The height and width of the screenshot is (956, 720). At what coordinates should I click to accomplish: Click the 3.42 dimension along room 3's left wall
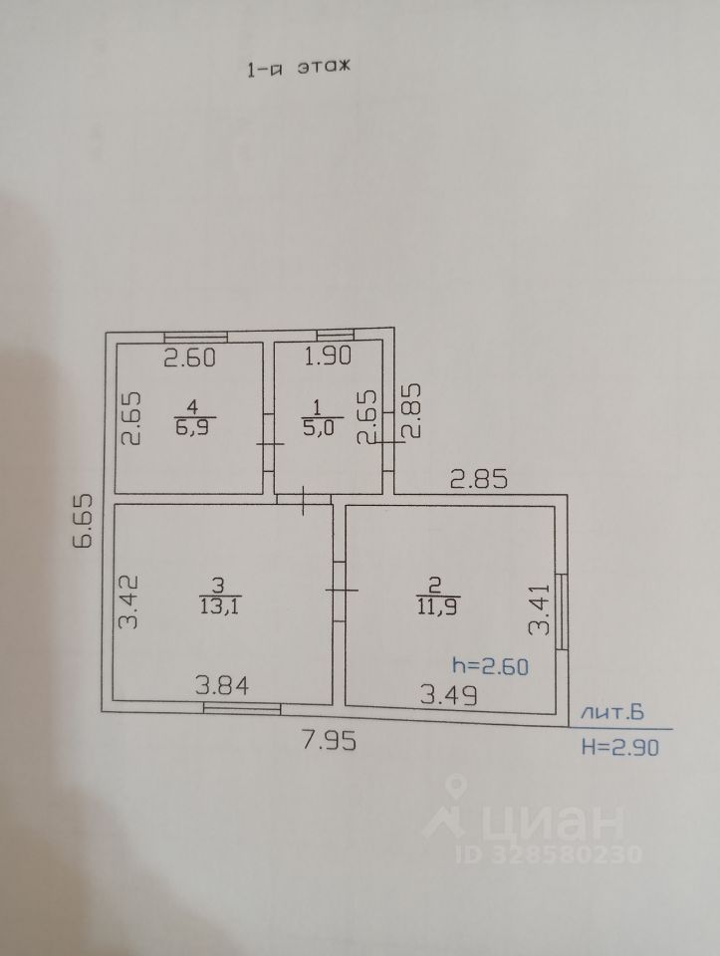point(126,599)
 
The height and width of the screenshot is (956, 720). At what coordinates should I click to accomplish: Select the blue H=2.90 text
point(618,746)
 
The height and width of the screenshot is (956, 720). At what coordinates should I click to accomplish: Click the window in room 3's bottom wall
point(242,709)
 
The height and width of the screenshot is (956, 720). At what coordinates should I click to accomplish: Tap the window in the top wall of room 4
point(195,336)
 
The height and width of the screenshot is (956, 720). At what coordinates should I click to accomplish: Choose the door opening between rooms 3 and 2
point(339,590)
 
